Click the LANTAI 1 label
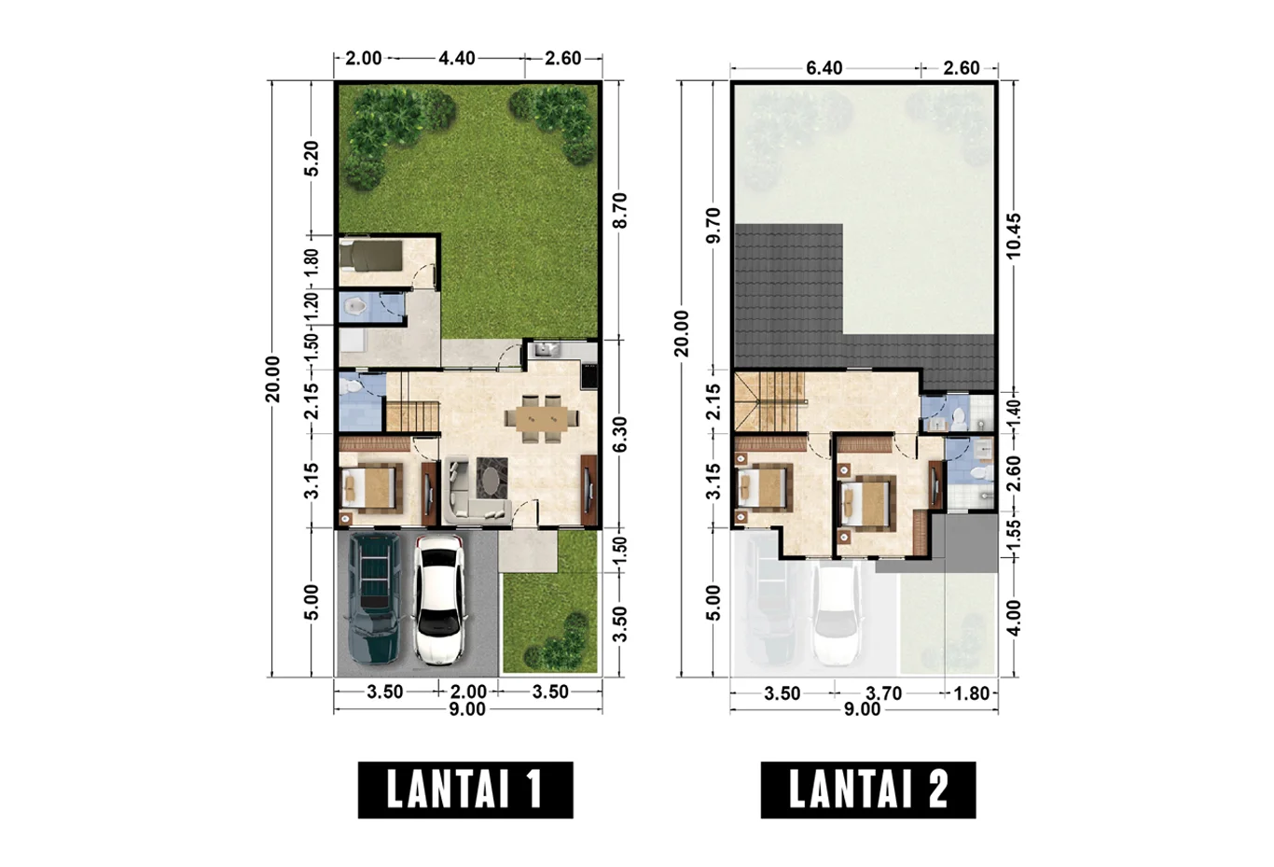click(465, 790)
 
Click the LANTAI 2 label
click(868, 790)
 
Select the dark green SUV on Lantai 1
click(373, 598)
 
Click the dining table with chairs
click(542, 419)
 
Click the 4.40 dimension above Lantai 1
click(457, 58)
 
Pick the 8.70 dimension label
click(620, 211)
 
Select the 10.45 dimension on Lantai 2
click(1014, 236)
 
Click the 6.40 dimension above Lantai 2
click(824, 68)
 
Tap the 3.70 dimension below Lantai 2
click(884, 693)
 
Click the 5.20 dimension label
click(312, 159)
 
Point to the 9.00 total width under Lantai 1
click(467, 709)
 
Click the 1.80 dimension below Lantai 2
click(972, 693)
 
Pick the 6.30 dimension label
click(620, 434)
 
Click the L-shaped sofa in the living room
click(476, 490)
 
